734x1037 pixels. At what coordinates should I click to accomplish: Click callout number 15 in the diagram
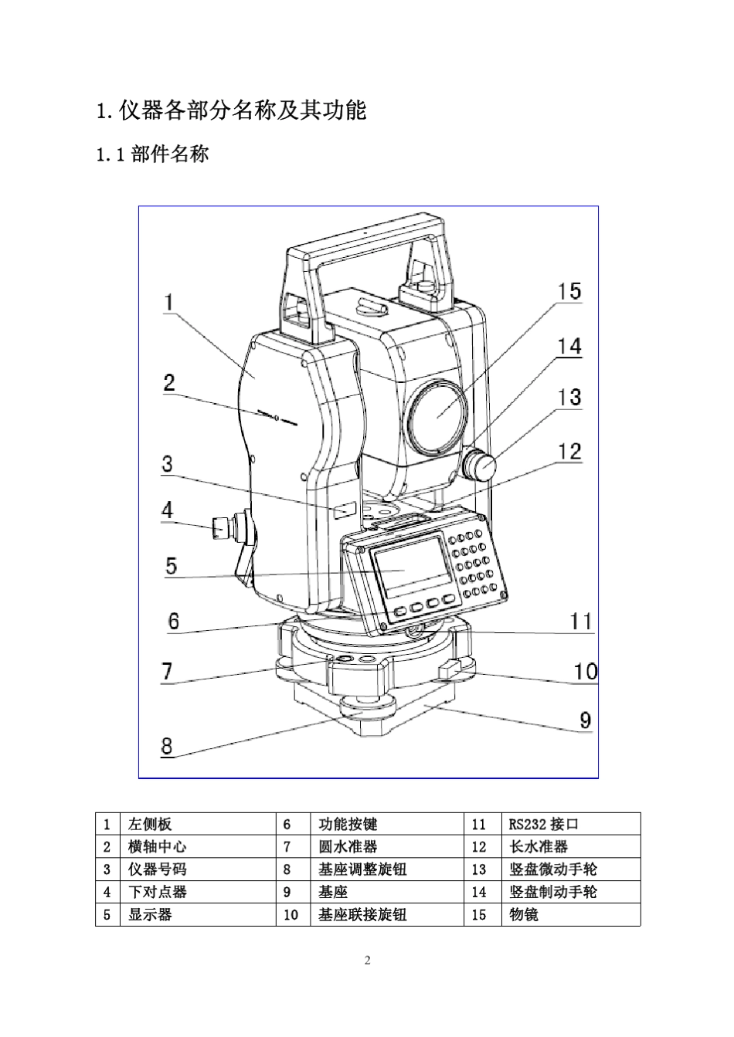[x=569, y=292]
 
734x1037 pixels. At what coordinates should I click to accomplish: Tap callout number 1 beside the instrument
[x=168, y=302]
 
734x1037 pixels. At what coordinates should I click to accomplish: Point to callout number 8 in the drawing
[x=167, y=747]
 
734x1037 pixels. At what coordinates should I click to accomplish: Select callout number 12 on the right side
[x=569, y=451]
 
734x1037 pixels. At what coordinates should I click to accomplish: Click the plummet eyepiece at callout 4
[x=220, y=529]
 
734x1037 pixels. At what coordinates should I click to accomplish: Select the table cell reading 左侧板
[x=151, y=824]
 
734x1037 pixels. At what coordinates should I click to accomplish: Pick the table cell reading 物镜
[x=525, y=914]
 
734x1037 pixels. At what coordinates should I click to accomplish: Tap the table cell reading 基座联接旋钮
[x=362, y=914]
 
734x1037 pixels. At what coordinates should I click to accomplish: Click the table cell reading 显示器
[x=151, y=914]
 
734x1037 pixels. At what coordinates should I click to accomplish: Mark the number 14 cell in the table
[x=479, y=892]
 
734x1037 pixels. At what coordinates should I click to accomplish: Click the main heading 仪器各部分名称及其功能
[x=231, y=110]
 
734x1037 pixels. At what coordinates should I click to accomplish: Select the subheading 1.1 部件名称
[x=152, y=154]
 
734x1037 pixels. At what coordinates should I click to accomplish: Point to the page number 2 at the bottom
[x=367, y=961]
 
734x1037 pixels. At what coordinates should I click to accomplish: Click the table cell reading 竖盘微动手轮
[x=553, y=869]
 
